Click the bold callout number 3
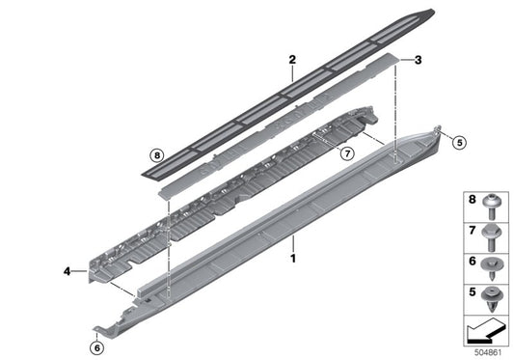[x=419, y=61]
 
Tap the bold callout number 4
[x=67, y=273]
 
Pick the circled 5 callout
[x=459, y=142]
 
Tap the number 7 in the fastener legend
[x=472, y=231]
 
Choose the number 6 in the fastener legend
[x=472, y=260]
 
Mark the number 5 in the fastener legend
[x=472, y=289]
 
